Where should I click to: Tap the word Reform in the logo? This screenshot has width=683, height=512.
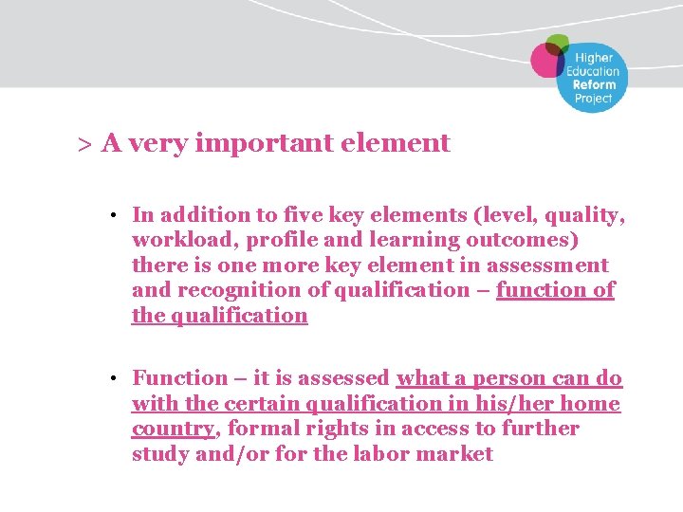click(x=593, y=84)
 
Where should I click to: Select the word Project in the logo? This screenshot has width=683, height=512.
click(x=593, y=98)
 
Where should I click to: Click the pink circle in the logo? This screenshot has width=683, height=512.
click(x=547, y=60)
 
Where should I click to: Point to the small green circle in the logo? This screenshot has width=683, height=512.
click(x=558, y=42)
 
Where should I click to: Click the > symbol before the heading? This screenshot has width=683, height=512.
click(x=83, y=144)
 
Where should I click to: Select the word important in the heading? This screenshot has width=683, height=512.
click(x=251, y=144)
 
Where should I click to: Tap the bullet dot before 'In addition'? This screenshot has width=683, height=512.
click(x=112, y=216)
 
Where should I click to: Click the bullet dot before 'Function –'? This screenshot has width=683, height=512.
click(x=112, y=379)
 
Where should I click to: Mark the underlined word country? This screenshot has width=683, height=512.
click(x=173, y=429)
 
